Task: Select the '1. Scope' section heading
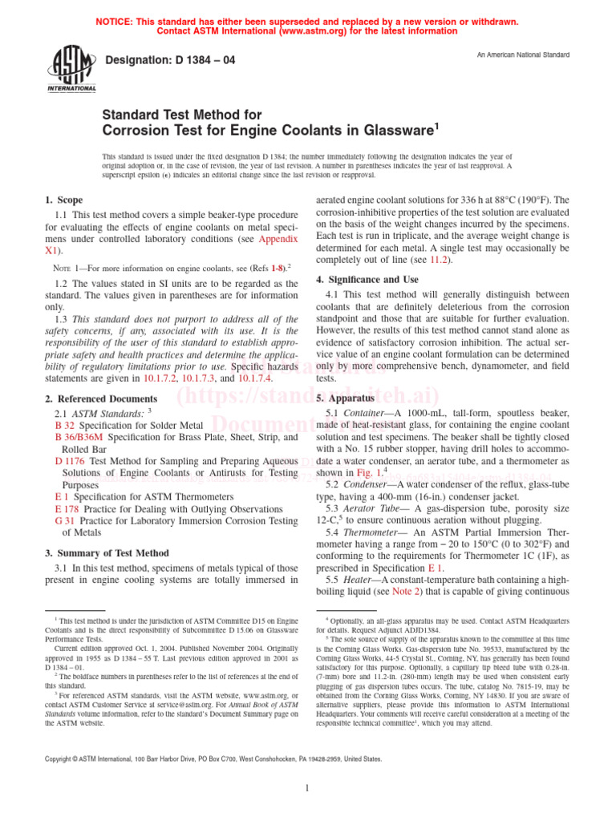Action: tap(63, 200)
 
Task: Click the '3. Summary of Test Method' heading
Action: tap(106, 553)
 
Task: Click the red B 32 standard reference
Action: tap(65, 425)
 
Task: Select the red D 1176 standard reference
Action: tap(71, 461)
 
